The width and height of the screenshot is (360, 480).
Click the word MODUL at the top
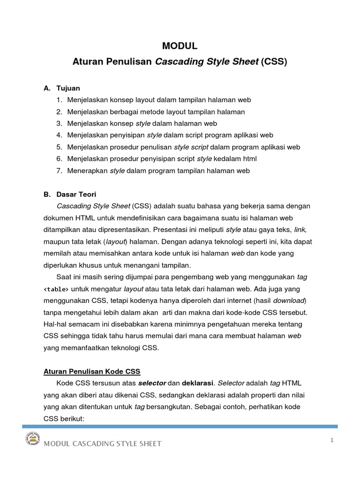click(x=180, y=45)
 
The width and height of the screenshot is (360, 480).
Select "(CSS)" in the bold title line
click(x=274, y=61)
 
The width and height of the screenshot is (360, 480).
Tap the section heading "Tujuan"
click(x=68, y=88)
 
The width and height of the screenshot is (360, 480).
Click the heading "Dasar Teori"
click(x=76, y=194)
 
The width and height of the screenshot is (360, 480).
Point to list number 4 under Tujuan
click(x=59, y=135)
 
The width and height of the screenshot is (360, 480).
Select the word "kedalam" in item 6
click(x=228, y=159)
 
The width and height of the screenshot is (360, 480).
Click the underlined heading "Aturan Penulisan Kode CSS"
click(x=92, y=372)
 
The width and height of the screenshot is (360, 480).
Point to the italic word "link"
click(x=299, y=230)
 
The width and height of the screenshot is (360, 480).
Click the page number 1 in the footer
click(x=331, y=440)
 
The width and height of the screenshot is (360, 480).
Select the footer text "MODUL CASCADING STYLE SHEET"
click(x=103, y=443)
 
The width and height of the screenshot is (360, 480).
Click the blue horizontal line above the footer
click(x=180, y=426)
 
